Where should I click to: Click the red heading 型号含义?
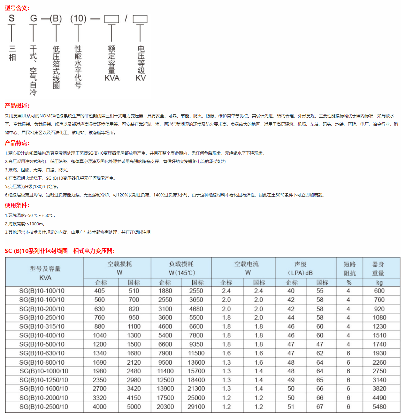coord(17,8)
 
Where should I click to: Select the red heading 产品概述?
coord(17,106)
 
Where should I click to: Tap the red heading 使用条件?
coord(17,205)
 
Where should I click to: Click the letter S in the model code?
coord(12,18)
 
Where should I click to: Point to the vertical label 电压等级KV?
coord(141,63)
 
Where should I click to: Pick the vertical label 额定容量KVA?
coord(112,63)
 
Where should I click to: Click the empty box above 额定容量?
coord(112,19)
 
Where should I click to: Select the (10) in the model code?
coord(78,18)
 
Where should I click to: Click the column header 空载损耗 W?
coord(120,268)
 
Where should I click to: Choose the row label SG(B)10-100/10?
coord(42,291)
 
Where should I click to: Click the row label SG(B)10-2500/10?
coord(44,407)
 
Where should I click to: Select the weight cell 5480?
coord(379,407)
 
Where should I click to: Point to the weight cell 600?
coord(379,291)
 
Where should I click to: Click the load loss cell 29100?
coord(196,407)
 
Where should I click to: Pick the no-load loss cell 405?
coord(99,291)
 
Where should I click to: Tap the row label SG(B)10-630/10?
coord(42,353)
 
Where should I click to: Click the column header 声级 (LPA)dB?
coord(300,268)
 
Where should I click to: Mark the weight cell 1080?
coord(379,318)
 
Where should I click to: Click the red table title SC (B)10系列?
coord(59,251)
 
